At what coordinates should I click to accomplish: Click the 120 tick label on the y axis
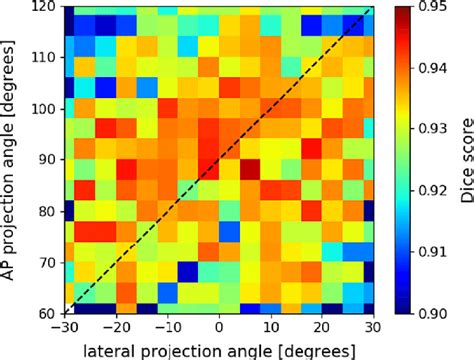tap(43, 7)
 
